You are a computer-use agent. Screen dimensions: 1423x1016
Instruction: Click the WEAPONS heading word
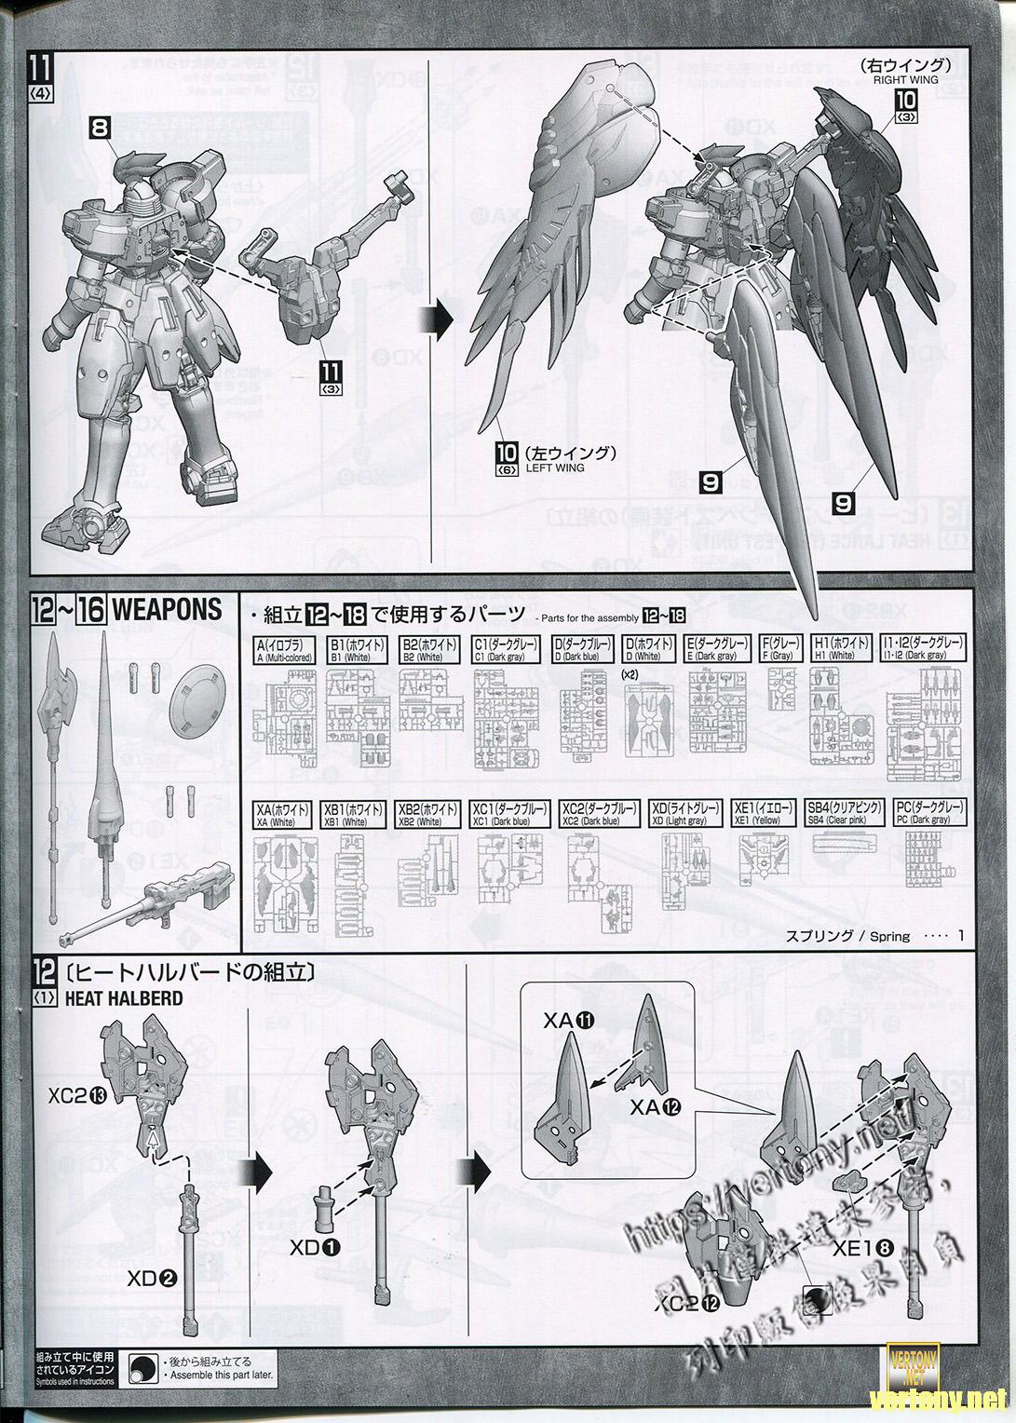click(x=167, y=611)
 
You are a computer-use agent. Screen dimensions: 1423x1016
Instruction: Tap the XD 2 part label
click(x=152, y=1279)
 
